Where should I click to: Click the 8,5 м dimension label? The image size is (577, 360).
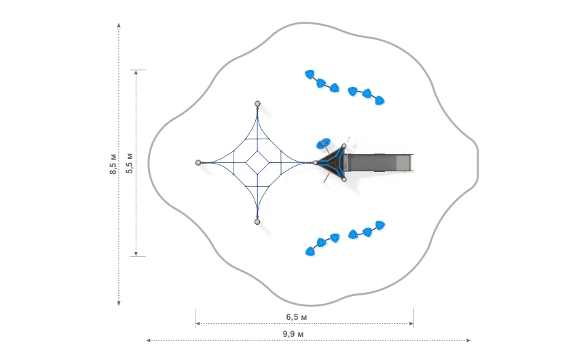[113, 163]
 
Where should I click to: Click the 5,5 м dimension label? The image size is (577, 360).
[130, 163]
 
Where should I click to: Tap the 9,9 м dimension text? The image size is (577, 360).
[293, 334]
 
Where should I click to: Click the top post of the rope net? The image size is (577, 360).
[257, 103]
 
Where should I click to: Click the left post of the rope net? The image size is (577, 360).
[198, 162]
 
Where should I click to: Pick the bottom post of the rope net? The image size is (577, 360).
[257, 221]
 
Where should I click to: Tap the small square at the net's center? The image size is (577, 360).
[257, 162]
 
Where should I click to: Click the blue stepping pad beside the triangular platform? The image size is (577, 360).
[323, 143]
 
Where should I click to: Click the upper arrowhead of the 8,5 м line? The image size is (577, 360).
[119, 24]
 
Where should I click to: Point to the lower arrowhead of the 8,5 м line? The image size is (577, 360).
[119, 302]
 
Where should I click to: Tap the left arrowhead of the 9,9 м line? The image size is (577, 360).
[149, 340]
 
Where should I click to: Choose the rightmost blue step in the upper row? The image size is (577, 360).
[380, 101]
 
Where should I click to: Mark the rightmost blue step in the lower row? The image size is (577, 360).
[380, 225]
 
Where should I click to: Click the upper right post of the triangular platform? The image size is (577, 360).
[344, 146]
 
